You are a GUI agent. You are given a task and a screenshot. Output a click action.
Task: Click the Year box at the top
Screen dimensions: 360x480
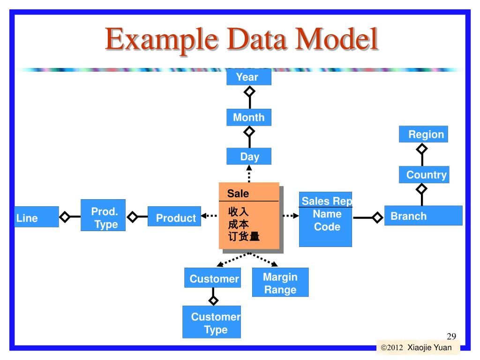click(x=248, y=77)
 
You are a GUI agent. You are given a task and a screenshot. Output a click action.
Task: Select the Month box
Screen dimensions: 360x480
click(x=249, y=117)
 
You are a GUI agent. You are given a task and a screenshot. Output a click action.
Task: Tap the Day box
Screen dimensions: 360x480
click(x=249, y=157)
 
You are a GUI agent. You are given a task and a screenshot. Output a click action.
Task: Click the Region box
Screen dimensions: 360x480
click(x=424, y=135)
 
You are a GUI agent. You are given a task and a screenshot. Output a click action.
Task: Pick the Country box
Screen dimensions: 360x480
click(x=424, y=175)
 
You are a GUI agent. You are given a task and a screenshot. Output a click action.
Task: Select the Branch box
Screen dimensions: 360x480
click(x=423, y=216)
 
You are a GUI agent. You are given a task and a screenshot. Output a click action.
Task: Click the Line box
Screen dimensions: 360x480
click(x=36, y=217)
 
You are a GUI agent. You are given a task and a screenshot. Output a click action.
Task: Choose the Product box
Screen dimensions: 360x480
click(x=174, y=217)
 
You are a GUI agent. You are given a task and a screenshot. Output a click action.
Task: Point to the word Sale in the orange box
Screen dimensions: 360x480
click(x=238, y=194)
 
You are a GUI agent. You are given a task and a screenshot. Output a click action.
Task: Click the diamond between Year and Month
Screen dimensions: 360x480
click(x=249, y=90)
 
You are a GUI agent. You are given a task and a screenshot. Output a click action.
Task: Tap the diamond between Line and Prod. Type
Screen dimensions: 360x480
click(x=65, y=217)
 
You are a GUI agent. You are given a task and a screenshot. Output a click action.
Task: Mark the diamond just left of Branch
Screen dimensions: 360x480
click(x=377, y=217)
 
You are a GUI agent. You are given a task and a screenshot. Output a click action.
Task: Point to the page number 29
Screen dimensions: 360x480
click(x=451, y=336)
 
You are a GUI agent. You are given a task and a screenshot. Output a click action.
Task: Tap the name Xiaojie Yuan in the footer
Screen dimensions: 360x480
click(x=429, y=348)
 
